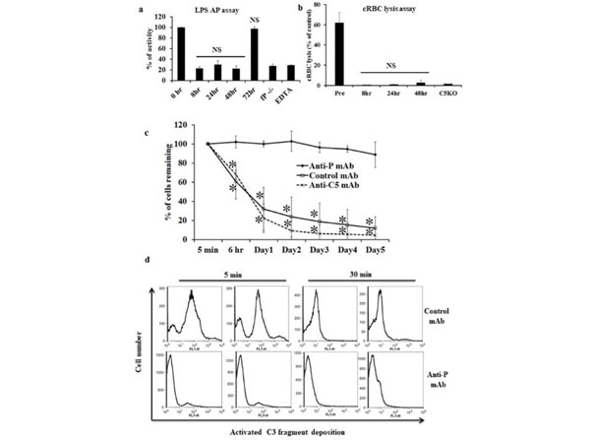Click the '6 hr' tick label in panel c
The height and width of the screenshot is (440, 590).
coord(234,261)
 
